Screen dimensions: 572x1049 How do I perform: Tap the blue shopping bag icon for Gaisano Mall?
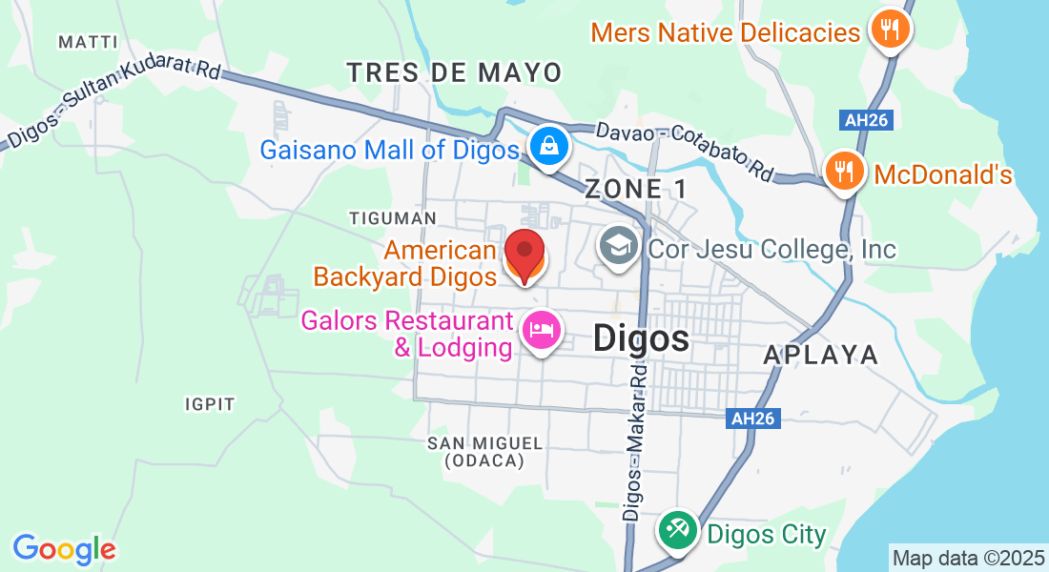click(550, 147)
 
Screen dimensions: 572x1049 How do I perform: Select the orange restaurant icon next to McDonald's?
click(844, 173)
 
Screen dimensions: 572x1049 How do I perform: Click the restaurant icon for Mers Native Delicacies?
click(890, 29)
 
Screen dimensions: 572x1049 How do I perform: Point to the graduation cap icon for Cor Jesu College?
click(619, 247)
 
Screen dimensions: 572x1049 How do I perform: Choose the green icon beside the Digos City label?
click(679, 530)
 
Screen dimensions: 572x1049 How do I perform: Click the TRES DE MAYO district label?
click(454, 72)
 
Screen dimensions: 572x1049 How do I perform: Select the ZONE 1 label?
click(636, 189)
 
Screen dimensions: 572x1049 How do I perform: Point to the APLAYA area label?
click(821, 355)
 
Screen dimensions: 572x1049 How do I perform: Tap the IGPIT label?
click(210, 404)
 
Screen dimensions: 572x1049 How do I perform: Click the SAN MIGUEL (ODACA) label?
click(484, 452)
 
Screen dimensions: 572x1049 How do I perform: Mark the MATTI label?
click(88, 42)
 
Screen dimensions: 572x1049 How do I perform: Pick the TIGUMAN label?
click(384, 218)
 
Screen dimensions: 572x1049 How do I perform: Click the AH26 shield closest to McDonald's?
click(865, 120)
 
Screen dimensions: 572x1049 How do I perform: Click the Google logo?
click(64, 549)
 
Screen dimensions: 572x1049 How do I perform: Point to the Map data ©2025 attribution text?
click(968, 558)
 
